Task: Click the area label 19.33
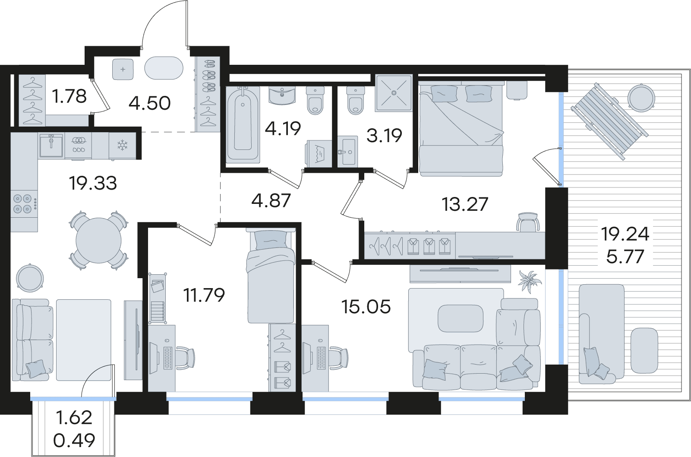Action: (x=93, y=183)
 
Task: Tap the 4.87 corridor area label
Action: (x=271, y=200)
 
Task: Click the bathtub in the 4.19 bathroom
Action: (x=243, y=124)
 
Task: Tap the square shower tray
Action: (x=394, y=92)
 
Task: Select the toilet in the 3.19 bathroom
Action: (x=356, y=100)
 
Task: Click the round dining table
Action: (x=99, y=240)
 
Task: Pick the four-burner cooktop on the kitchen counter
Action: (x=24, y=204)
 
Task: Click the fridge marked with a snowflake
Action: (x=123, y=146)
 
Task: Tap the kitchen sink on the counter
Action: (x=51, y=145)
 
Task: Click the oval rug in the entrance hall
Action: (x=164, y=68)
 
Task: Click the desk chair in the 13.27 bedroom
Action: (x=528, y=222)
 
